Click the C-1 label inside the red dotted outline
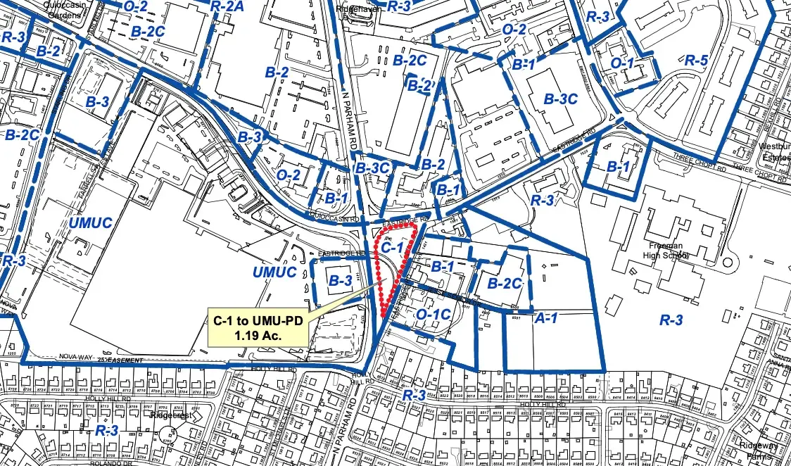coord(393,248)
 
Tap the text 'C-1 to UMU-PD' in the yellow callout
coord(258,321)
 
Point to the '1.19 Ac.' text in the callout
coord(258,335)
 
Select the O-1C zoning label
coord(434,313)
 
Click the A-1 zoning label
coord(547,319)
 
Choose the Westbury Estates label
coord(775,153)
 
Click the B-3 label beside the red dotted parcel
coord(340,281)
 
